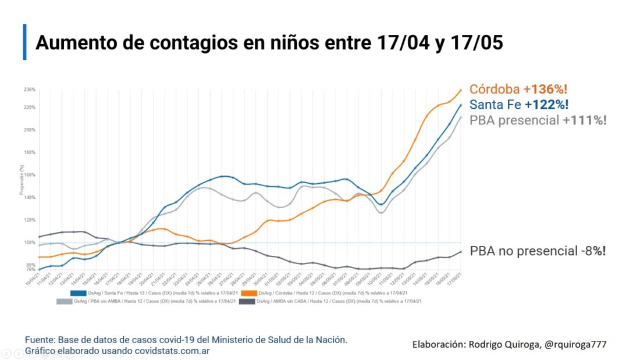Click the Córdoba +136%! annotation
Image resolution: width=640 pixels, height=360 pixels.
518,90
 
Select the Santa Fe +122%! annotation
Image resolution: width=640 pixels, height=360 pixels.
518,105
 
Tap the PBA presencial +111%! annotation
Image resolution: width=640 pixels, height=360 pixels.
538,120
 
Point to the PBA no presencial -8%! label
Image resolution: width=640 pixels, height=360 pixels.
538,251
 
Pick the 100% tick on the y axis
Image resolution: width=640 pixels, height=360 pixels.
30,243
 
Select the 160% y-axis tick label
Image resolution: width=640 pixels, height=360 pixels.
30,174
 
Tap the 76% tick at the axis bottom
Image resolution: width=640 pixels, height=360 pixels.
30,269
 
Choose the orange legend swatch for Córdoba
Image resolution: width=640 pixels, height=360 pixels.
249,292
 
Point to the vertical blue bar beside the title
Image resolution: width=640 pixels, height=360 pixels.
24,42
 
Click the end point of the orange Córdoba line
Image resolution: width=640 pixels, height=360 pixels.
461,90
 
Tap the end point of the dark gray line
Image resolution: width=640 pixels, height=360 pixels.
461,252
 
